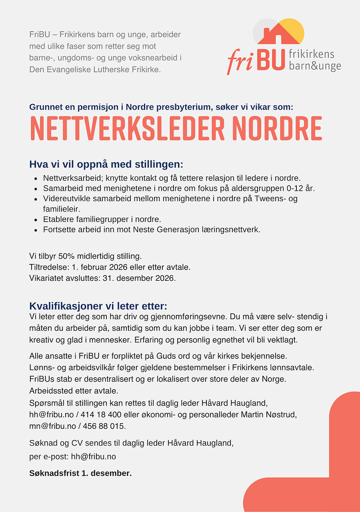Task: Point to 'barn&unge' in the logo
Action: coord(315,66)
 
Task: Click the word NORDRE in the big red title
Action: coord(277,129)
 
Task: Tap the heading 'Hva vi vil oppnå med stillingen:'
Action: coord(106,164)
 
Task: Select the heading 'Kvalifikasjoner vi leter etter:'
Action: coord(98,306)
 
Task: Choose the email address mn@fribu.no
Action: coord(52,426)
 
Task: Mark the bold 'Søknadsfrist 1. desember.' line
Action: coord(80,473)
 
